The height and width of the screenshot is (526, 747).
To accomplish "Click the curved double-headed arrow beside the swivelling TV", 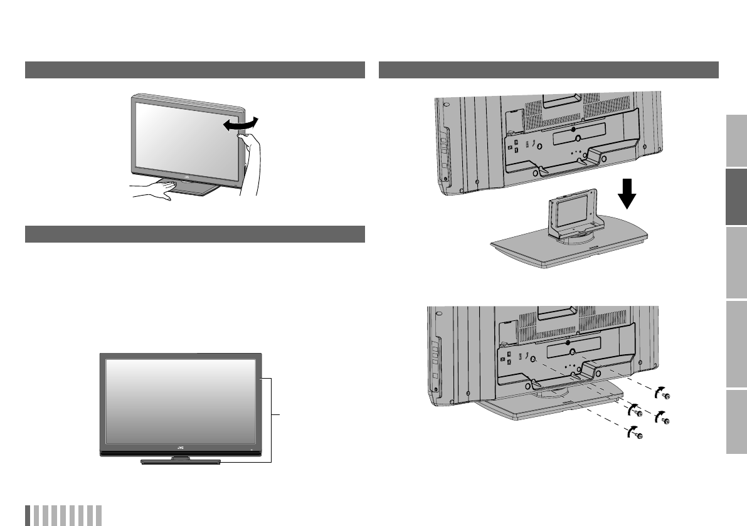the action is (x=241, y=124).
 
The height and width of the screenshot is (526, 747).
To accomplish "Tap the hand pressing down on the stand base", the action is (x=150, y=191).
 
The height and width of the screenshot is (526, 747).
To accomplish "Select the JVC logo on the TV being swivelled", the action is (x=187, y=177).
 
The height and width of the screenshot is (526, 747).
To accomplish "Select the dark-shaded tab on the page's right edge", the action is (x=736, y=197).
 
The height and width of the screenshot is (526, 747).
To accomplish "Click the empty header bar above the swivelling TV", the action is (x=195, y=70).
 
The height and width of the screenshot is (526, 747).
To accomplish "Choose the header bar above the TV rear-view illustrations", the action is (x=549, y=70).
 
